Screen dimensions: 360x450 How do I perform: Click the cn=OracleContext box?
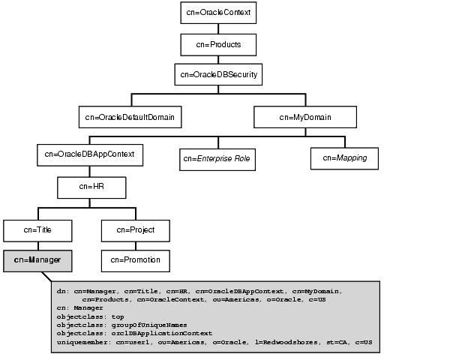218,13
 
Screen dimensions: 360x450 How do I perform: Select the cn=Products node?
218,44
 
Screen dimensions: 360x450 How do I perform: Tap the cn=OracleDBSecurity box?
218,75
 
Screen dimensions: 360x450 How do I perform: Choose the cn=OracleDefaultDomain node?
130,117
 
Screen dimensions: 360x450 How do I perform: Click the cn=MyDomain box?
304,117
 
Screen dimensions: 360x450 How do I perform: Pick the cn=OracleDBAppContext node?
89,154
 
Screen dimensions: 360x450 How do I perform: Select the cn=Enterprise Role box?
217,159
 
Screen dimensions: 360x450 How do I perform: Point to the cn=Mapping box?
344,158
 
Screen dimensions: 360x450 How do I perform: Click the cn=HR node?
91,186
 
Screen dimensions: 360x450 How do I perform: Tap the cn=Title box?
37,229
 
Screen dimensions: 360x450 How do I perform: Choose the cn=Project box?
135,229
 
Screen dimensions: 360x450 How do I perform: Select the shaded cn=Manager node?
37,260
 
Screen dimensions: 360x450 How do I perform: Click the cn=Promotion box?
135,260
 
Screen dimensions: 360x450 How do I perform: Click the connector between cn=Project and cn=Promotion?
135,245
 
